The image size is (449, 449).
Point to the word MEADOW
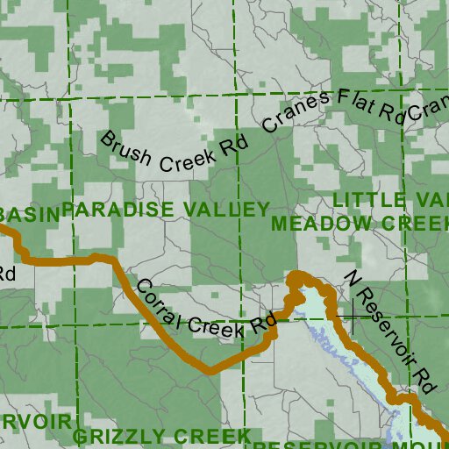click(319, 224)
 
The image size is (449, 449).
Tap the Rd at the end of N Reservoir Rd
click(425, 380)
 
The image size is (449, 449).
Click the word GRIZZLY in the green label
click(111, 437)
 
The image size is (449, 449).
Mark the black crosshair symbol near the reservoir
click(353, 315)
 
